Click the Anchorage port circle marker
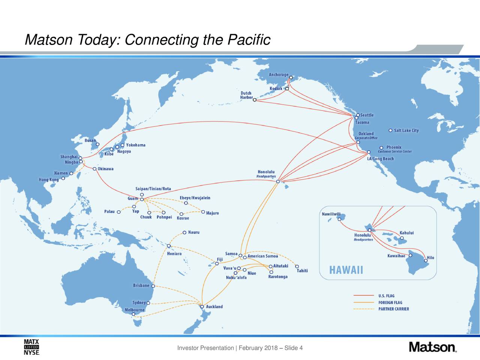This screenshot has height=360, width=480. coord(291,77)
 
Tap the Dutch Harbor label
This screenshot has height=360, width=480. coord(246,95)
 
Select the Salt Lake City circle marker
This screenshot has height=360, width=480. coord(390,130)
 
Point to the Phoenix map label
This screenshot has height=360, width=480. coord(394,147)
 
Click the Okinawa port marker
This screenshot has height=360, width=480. coord(94,169)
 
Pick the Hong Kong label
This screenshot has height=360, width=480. coord(49,180)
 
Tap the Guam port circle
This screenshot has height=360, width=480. coord(142,199)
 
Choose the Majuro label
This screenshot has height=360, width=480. coord(212,213)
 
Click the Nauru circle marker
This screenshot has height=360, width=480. coord(184,232)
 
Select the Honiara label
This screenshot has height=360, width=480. coord(174,254)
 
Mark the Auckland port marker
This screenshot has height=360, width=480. coord(202,307)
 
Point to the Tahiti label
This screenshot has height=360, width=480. coord(302,271)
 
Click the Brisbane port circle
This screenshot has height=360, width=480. coord(153,286)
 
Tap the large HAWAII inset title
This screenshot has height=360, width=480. coord(346,270)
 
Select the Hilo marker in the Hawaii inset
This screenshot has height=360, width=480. coord(426,261)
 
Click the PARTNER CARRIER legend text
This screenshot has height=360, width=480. coord(394,309)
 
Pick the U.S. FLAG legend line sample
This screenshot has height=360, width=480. coord(364,295)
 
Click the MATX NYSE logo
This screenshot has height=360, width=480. coord(31,347)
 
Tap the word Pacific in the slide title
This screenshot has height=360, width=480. coord(249,40)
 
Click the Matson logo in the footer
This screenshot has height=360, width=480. coord(433,347)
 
